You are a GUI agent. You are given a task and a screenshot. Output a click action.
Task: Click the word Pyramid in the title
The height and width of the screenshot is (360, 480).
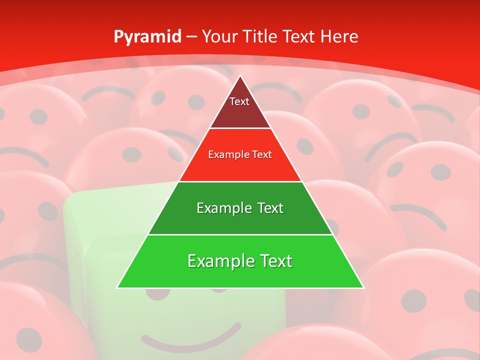pos(147,37)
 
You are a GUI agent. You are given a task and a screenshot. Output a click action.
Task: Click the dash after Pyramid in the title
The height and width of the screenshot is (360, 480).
pos(192,37)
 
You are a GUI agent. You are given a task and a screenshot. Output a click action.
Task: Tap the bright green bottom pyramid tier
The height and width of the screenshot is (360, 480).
pos(240,275)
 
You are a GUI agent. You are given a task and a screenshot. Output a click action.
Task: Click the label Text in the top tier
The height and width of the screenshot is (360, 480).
pos(239,101)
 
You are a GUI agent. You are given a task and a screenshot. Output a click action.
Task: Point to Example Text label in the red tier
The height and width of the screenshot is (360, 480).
pos(240,154)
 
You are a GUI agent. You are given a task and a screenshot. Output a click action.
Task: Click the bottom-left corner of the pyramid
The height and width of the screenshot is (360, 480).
pos(117,287)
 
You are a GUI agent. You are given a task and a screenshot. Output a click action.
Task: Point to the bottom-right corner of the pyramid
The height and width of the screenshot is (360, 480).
pos(363,287)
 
